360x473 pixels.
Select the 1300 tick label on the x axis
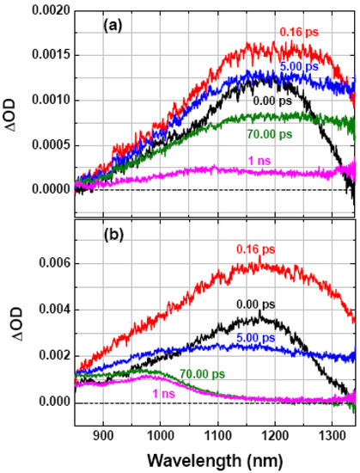pyautogui.click(x=329, y=436)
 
